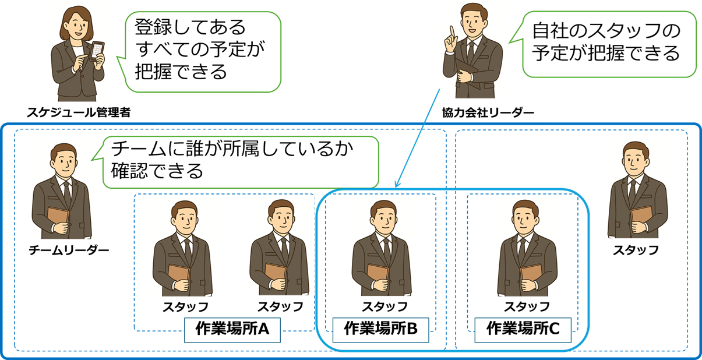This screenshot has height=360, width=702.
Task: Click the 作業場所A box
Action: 232,330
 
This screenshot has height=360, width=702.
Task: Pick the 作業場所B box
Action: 381,330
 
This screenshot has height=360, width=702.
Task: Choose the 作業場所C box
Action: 523,330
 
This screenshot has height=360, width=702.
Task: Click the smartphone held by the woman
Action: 97,52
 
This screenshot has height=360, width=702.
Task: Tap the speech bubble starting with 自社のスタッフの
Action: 606,44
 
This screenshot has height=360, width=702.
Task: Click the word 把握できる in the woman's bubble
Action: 180,72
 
